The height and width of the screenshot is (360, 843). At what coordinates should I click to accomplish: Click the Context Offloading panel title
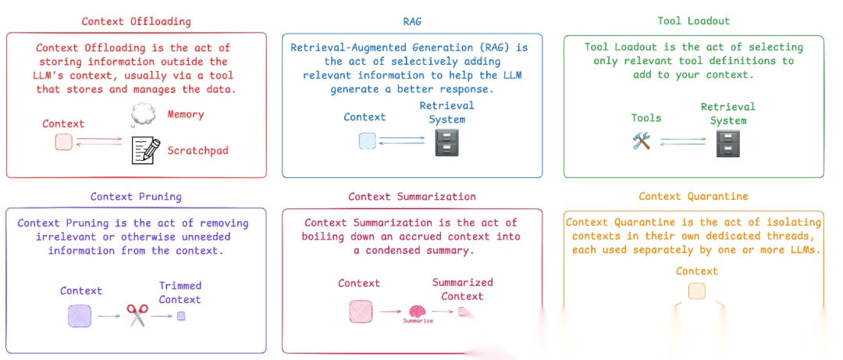[136, 21]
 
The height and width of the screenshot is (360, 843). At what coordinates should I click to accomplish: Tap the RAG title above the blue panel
[411, 21]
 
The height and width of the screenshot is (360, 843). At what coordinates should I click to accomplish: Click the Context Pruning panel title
[136, 196]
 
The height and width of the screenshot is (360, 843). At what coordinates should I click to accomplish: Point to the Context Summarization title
[411, 196]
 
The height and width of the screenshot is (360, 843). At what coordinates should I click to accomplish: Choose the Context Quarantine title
[693, 196]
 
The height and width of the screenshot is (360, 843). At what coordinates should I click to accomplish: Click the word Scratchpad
[197, 150]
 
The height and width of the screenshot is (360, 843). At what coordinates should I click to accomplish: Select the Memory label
[186, 114]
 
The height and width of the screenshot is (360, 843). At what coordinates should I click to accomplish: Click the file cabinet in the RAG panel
[446, 143]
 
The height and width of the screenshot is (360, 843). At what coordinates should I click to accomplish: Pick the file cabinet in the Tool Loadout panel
[727, 144]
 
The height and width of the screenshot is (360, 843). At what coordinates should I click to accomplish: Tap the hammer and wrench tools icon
[642, 141]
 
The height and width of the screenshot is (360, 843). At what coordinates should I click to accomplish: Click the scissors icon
[137, 315]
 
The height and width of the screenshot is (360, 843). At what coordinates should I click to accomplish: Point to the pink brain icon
[417, 311]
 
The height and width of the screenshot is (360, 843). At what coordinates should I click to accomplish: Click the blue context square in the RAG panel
[367, 141]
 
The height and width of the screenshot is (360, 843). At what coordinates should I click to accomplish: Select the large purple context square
[80, 315]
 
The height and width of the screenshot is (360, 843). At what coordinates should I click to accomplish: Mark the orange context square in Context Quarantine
[696, 291]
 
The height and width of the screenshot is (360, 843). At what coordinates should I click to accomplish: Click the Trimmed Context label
[180, 293]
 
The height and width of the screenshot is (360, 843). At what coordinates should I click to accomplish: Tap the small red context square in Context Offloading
[64, 143]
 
